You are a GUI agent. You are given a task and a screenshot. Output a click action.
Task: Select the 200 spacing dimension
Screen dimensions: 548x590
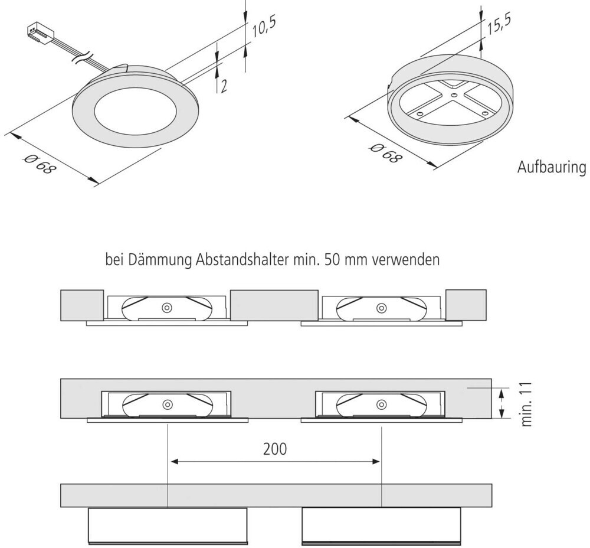click(274, 449)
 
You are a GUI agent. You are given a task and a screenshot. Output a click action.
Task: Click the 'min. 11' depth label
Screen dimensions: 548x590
click(527, 403)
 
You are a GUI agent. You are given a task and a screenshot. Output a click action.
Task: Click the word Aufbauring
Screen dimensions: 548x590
click(552, 168)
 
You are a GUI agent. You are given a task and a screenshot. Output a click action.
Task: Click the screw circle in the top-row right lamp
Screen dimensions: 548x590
click(381, 308)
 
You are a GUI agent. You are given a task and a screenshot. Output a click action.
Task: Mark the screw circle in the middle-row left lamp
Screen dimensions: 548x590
click(168, 405)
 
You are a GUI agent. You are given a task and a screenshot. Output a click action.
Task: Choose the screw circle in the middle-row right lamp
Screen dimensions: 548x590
click(381, 405)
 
